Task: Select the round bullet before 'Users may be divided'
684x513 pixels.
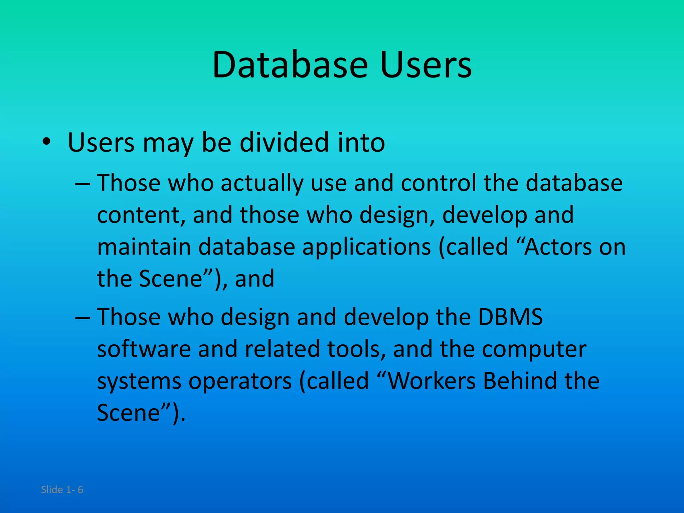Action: [46, 142]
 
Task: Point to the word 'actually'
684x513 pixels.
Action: [262, 183]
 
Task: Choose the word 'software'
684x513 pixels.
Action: [144, 349]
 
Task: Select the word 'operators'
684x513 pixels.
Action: [240, 381]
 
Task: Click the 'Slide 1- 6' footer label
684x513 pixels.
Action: [62, 490]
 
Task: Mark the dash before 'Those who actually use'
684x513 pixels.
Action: [82, 184]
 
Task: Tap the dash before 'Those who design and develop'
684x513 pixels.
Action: [82, 318]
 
